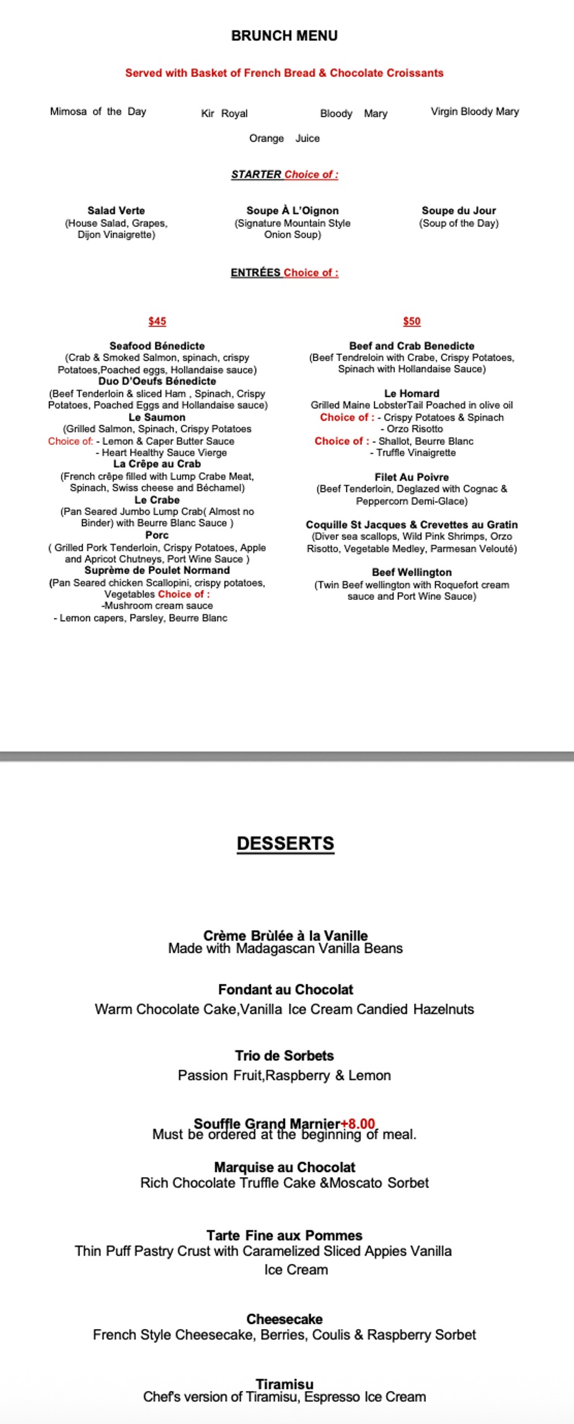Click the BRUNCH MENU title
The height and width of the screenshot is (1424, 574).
(x=285, y=36)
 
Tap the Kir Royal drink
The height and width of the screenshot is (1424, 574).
(x=224, y=114)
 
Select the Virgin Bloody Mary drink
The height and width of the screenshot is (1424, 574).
(x=475, y=112)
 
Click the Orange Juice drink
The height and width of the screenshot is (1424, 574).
(x=285, y=138)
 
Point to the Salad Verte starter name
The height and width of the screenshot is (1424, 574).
(x=116, y=211)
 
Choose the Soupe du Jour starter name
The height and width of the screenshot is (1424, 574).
(x=459, y=211)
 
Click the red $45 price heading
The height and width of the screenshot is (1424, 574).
(x=157, y=321)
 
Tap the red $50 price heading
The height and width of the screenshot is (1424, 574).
(x=412, y=321)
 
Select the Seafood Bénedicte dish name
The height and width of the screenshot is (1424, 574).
(x=157, y=346)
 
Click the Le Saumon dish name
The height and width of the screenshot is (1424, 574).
(x=157, y=418)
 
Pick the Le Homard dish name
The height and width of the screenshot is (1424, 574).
(x=412, y=393)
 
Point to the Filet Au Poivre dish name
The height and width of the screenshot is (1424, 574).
(x=412, y=477)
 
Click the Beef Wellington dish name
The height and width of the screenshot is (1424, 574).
(x=412, y=573)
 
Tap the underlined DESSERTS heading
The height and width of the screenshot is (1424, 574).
(x=286, y=844)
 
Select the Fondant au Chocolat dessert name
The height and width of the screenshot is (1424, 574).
(x=286, y=990)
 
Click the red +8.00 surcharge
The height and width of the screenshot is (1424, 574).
(x=358, y=1124)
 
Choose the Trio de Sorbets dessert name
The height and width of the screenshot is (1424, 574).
(x=285, y=1055)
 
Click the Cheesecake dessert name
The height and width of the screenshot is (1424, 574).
(x=285, y=1319)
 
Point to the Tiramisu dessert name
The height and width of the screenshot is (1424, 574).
(x=285, y=1384)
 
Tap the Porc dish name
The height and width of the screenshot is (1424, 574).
(x=157, y=535)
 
